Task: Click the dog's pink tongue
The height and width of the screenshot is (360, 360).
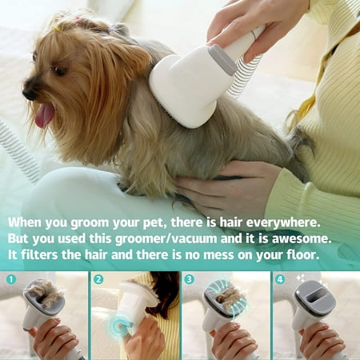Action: (x=44, y=115)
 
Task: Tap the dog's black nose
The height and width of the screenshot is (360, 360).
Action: (x=27, y=91)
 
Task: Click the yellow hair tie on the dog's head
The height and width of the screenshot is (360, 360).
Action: (x=57, y=29)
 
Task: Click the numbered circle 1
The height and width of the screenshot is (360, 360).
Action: (x=11, y=279)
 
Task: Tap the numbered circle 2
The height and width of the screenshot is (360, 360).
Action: (x=98, y=279)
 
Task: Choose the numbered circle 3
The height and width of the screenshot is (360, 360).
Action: (x=189, y=279)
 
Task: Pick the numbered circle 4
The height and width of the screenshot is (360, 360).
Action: (x=280, y=279)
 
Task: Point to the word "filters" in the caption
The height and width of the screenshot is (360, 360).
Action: (x=39, y=255)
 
